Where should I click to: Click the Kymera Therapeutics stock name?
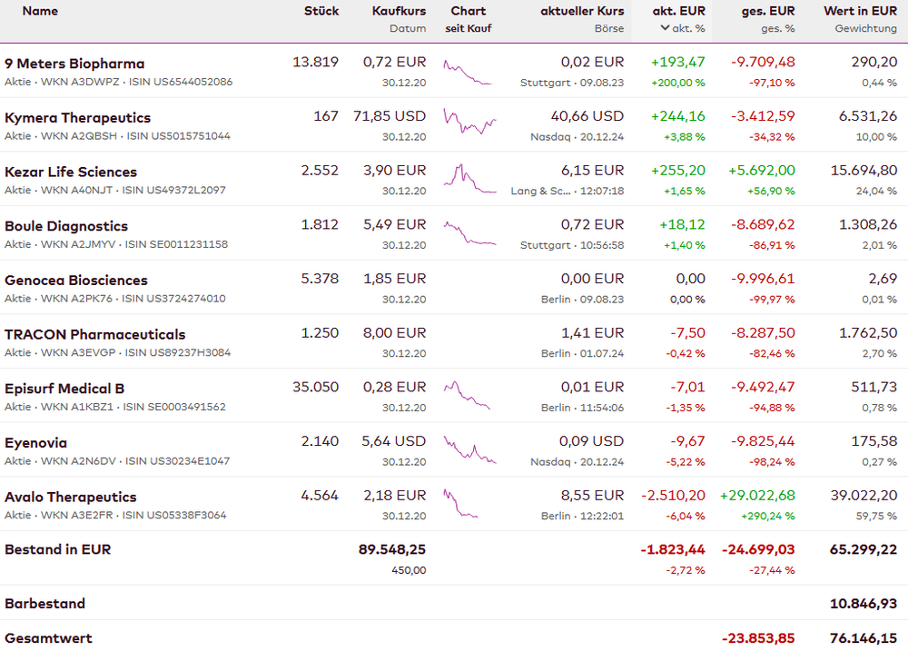77,118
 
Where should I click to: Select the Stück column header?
321,11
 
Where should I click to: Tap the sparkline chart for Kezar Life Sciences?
469,178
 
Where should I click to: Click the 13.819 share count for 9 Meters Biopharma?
315,63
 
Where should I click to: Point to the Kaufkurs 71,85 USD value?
390,117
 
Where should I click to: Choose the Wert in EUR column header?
860,11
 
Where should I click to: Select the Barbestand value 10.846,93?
863,604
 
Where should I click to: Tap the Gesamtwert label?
48,638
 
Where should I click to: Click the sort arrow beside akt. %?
666,28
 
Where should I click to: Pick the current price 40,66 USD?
587,117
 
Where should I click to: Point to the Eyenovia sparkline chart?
469,449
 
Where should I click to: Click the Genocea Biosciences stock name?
75,281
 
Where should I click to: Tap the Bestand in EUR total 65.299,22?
863,549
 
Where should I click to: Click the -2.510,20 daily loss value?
673,496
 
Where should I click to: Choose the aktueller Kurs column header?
582,11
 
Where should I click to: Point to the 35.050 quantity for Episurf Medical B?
315,388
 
